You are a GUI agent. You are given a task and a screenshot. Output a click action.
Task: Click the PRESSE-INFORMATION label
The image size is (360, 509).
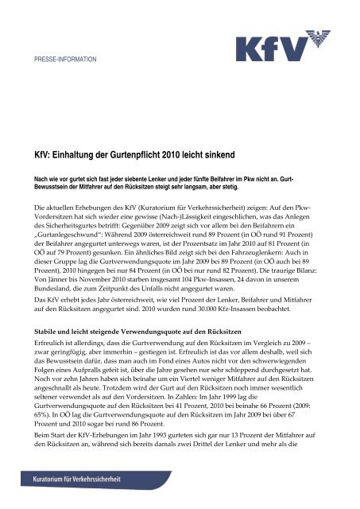click(65, 60)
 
